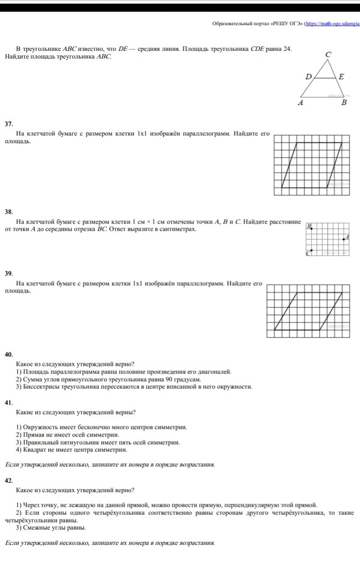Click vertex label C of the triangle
328,54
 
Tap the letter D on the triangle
308,76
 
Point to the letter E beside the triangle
341,76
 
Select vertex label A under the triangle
301,103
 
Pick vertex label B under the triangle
344,103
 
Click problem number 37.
9,123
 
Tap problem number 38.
9,211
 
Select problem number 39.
9,273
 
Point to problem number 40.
9,355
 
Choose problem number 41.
9,403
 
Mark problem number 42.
9,481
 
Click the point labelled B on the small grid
312,229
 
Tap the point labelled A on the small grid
344,239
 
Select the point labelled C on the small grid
312,251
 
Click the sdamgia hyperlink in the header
333,24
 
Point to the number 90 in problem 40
161,379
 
